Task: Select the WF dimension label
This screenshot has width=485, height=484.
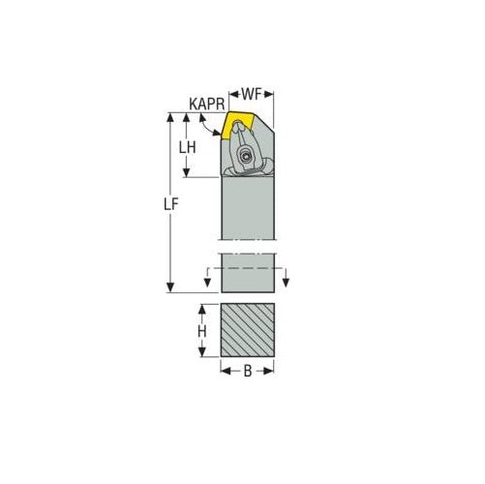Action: (x=251, y=94)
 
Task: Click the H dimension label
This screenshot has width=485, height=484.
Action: (x=202, y=331)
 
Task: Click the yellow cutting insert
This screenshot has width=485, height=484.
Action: (x=236, y=125)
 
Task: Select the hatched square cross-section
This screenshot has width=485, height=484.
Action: (x=249, y=331)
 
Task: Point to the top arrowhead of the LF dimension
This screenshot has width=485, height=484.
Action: (x=170, y=117)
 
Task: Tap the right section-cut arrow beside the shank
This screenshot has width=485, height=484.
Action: (x=288, y=282)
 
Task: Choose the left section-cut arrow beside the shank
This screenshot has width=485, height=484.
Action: (x=206, y=282)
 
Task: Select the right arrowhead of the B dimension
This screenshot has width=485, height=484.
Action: (x=271, y=369)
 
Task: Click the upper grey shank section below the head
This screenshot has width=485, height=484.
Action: (x=249, y=208)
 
